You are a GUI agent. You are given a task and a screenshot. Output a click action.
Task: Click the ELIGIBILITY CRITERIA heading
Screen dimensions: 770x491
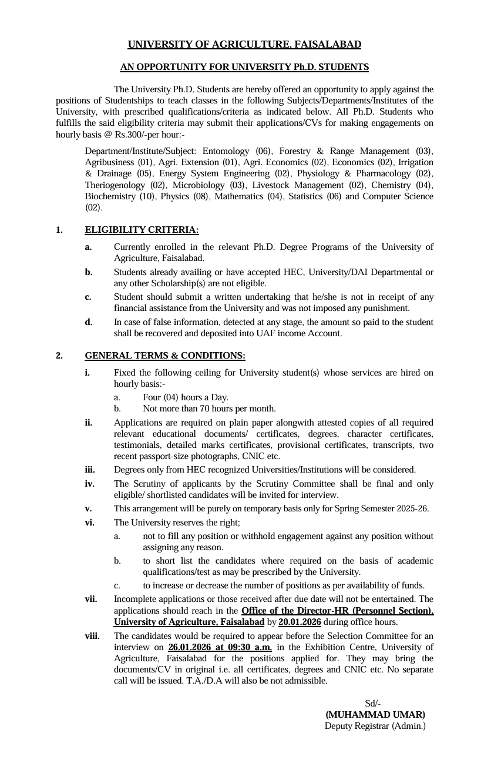(x=142, y=230)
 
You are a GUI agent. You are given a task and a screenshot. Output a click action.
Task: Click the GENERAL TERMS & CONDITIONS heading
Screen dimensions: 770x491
(x=165, y=356)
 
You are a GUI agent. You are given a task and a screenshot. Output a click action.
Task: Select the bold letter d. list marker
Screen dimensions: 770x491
(x=88, y=322)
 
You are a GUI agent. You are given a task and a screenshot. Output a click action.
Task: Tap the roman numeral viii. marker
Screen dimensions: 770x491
(x=92, y=636)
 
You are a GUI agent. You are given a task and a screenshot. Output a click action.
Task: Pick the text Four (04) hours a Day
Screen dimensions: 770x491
(x=186, y=397)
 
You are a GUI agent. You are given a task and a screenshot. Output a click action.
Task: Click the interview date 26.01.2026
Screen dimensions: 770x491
(x=191, y=647)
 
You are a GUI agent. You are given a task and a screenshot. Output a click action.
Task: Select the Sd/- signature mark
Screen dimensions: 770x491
(x=373, y=704)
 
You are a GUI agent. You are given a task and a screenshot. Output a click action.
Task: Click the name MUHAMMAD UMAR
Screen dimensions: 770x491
(x=375, y=715)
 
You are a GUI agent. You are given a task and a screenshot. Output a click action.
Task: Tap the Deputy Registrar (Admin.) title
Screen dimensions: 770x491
(x=375, y=726)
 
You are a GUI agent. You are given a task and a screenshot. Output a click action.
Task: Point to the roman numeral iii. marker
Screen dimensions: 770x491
(x=90, y=470)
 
